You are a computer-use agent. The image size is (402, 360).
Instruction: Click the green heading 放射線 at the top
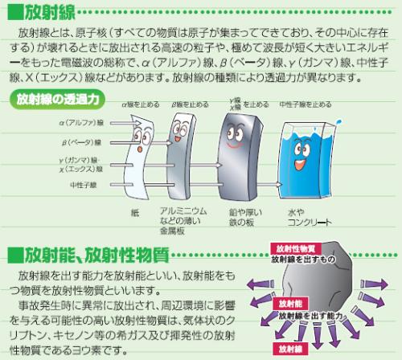point(50,13)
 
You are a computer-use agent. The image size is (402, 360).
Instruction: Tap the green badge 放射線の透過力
point(57,100)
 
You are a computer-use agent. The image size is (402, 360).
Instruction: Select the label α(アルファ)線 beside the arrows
point(81,123)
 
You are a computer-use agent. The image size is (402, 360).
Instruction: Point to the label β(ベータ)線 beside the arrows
point(82,142)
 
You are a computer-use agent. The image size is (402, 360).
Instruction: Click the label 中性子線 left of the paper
point(84,185)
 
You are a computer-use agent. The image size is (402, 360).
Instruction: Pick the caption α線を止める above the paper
point(141,104)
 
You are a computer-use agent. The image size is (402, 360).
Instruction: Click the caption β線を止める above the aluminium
point(190,104)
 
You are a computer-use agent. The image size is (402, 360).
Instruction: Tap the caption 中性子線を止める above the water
point(306,104)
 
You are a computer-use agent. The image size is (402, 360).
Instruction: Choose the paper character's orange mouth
point(140,149)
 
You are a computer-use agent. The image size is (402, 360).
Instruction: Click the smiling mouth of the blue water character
point(301,164)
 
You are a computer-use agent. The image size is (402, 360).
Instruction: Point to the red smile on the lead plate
point(234,145)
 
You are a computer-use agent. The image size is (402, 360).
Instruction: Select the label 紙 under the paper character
point(135,213)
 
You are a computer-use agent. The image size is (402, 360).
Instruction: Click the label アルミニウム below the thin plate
point(183,211)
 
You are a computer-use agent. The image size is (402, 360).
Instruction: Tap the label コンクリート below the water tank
point(310,223)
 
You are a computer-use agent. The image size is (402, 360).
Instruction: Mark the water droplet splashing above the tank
point(338,122)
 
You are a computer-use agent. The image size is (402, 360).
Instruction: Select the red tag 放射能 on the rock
point(290,304)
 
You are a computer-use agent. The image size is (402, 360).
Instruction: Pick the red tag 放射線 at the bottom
point(290,349)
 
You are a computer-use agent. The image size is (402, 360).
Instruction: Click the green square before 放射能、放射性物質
point(15,255)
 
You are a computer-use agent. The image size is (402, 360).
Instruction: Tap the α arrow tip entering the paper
point(141,123)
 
